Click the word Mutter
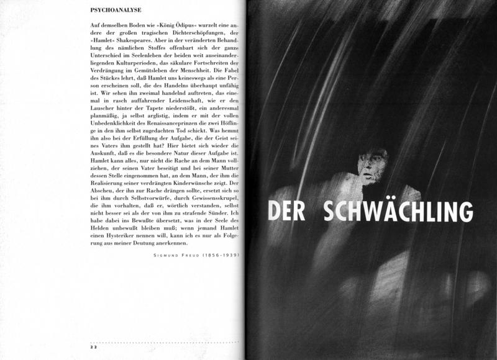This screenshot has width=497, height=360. (x=227, y=168)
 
